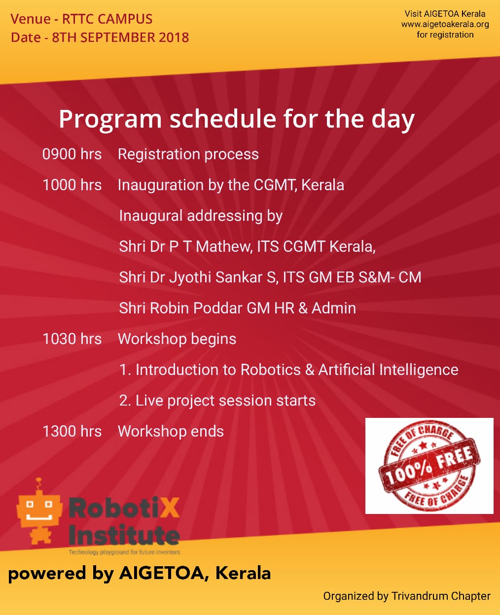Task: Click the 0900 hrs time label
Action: coord(72,154)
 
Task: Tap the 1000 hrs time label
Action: coord(72,185)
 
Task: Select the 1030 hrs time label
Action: coord(72,339)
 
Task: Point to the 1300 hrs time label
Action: coord(72,431)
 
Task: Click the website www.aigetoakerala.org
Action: coord(445,24)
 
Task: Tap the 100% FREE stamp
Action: coord(429,466)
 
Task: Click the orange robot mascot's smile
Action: coord(39,516)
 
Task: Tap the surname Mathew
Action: coord(223,247)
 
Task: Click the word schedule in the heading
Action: coord(223,119)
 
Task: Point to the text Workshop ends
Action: coord(171,431)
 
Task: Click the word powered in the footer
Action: coord(47,574)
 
